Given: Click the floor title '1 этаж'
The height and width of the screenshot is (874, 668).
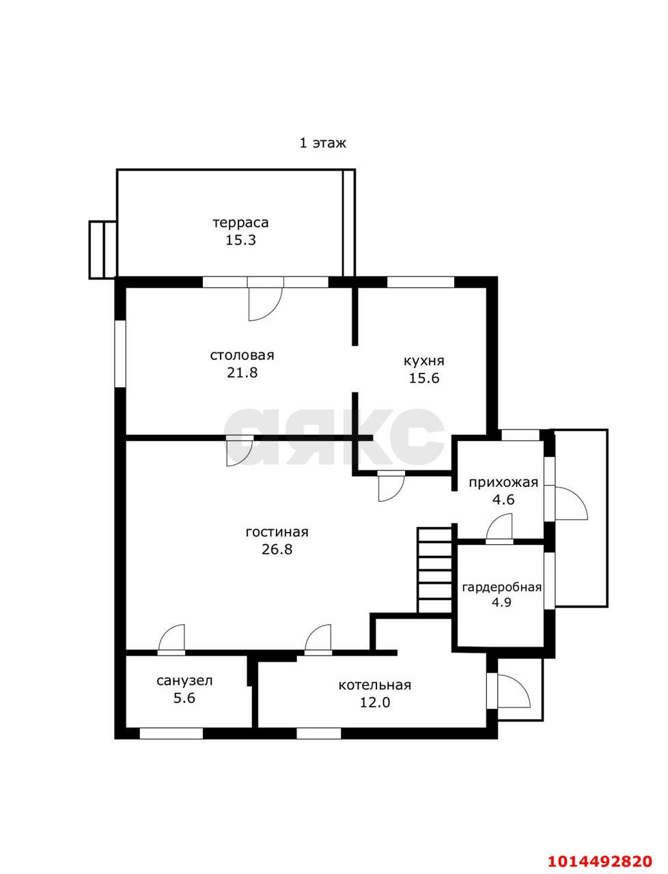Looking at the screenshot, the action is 322,143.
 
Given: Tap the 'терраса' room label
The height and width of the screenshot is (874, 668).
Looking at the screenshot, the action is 240,223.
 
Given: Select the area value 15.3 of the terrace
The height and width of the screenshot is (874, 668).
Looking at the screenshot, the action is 240,240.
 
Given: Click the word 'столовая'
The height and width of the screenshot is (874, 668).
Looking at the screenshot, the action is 242,355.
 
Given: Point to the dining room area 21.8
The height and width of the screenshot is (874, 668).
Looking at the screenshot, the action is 242,373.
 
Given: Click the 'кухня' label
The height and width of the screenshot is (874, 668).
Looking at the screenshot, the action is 424,361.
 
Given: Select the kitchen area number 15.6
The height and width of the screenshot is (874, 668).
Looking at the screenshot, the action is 424,378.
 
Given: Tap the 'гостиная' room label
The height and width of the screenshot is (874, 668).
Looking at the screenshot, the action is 277,533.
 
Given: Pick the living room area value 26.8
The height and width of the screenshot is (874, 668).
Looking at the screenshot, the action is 277,550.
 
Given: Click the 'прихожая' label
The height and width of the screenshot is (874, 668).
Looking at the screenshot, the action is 503,483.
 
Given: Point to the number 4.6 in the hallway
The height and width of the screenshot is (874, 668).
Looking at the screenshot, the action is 503,500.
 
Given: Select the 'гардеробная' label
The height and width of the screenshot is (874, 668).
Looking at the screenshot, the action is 501,587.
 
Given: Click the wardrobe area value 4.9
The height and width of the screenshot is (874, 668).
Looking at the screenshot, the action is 501,602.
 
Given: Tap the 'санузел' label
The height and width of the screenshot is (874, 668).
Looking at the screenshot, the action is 184,681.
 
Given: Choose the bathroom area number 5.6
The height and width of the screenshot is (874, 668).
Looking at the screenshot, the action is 184,698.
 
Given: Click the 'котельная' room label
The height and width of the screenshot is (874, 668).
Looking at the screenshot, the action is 375,686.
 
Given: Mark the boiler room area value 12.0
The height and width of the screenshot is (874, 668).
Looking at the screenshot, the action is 375,703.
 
